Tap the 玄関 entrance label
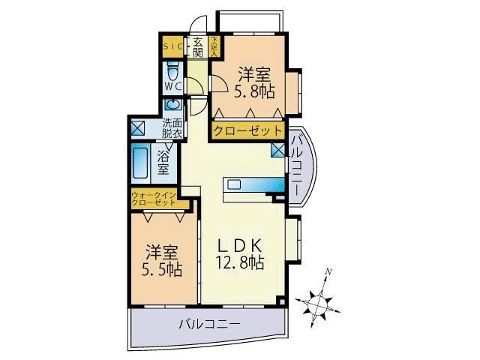point(197,47)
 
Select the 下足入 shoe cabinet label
point(214,47)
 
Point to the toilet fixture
point(172,73)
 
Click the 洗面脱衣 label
point(173,127)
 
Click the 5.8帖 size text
point(256,91)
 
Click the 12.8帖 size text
point(241,262)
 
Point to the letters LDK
point(240,244)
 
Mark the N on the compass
point(328,272)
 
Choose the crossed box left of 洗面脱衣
point(138,127)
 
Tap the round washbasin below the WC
point(173,106)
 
